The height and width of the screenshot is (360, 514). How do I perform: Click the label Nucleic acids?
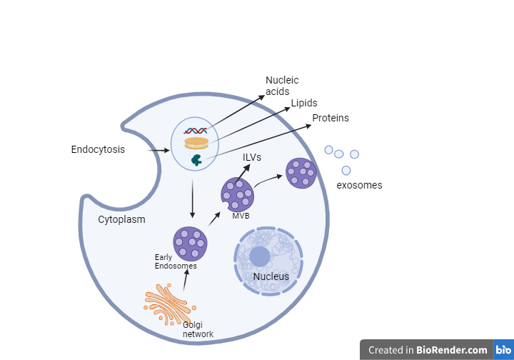282,86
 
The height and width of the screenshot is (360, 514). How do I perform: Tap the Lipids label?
304,104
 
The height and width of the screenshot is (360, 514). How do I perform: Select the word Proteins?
331,118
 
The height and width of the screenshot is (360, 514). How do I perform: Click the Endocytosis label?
98,150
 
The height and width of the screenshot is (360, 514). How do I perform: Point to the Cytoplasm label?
121,219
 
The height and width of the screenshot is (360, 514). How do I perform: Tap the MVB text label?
241,216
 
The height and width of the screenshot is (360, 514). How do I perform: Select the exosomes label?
359,185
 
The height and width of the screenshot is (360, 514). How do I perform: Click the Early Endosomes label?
175,261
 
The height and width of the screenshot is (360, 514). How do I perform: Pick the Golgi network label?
198,329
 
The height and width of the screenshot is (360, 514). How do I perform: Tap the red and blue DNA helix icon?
195,131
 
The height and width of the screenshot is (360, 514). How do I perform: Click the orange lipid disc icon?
196,144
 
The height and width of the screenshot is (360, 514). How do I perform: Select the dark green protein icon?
195,160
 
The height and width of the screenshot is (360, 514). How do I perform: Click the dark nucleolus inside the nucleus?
260,256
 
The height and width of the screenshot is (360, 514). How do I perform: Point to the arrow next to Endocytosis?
158,151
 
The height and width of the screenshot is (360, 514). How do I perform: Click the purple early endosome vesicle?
191,243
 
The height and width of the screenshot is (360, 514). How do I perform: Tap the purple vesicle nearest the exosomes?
301,173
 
